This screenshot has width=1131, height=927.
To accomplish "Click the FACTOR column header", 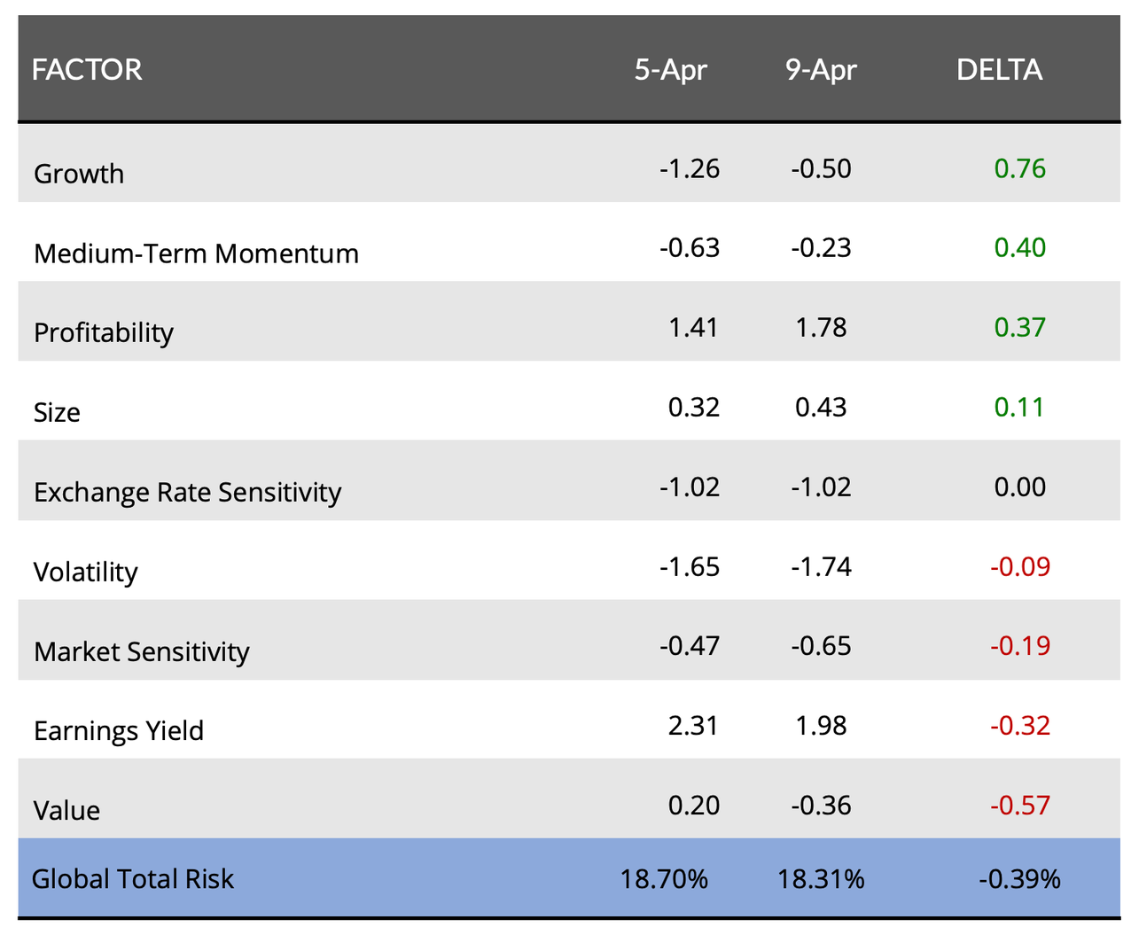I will tap(87, 70).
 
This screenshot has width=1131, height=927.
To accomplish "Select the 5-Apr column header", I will tap(670, 70).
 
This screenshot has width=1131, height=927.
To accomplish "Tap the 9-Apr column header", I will tap(821, 70).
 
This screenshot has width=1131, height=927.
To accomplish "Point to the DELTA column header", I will tap(999, 70).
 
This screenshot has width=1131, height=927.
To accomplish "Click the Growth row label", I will tap(79, 174).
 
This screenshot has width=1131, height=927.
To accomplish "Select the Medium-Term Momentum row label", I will tap(196, 253).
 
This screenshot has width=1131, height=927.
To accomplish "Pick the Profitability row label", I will tap(104, 332).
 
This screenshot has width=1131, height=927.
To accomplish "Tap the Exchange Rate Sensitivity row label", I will tap(187, 492).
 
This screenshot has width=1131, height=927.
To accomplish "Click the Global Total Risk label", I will tap(133, 879).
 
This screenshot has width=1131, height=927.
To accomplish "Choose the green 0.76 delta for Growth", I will tap(1019, 168).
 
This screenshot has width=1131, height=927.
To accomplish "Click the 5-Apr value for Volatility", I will tap(689, 566).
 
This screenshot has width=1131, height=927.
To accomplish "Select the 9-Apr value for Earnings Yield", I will tap(821, 726).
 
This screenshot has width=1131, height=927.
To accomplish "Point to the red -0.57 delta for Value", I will tap(1019, 806).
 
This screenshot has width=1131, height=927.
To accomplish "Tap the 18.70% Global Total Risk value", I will tap(664, 879).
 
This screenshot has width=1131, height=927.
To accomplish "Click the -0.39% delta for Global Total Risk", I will tap(1019, 879).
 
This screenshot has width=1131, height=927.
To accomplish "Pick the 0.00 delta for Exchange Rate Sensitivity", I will tap(1019, 487).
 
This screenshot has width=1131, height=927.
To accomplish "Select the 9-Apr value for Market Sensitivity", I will tap(821, 646).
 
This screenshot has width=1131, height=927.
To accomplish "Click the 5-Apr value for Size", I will tap(693, 407).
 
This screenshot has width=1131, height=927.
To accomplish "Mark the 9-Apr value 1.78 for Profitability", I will tap(821, 327).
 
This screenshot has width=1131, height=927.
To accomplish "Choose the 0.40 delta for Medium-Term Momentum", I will tap(1019, 247).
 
